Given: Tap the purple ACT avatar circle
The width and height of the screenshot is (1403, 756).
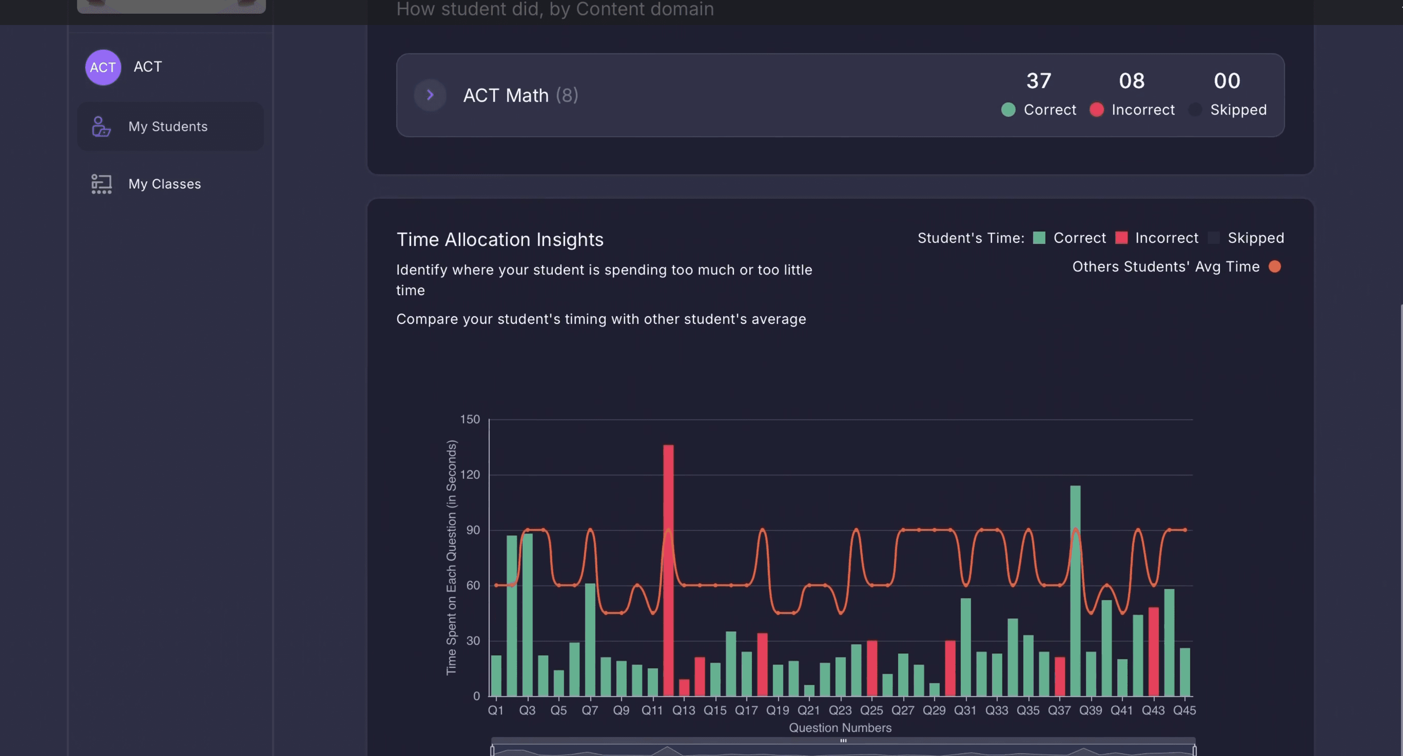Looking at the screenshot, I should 103,67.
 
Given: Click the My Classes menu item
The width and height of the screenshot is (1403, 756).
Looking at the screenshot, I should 164,184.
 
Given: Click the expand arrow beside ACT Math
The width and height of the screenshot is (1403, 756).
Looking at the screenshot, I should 430,95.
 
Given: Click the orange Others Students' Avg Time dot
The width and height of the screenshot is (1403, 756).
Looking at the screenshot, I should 1275,267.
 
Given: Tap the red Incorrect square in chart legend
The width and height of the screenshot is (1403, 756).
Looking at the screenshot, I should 1121,238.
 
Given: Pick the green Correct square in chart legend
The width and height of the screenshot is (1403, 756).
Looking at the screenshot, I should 1039,238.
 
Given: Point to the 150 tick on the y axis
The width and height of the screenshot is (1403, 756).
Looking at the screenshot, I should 469,419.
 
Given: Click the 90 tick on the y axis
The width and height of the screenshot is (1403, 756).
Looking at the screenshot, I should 473,530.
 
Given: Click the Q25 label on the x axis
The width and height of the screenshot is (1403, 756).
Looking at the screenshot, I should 872,710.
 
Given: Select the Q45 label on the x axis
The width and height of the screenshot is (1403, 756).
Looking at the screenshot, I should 1184,710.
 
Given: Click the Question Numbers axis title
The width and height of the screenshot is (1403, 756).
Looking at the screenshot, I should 840,728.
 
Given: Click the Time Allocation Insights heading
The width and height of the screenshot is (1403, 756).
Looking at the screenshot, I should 499,240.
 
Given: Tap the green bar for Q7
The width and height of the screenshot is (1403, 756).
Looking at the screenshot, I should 590,640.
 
